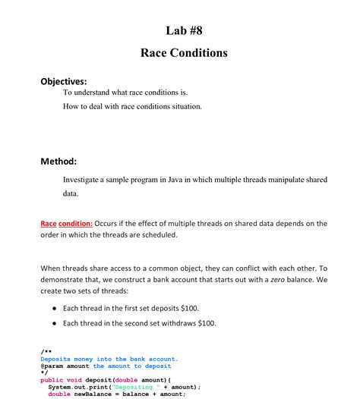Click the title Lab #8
pos(184,30)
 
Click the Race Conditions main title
pos(184,53)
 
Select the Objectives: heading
pos(64,80)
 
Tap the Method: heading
pos(58,161)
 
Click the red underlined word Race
pos(48,224)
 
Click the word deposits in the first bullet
pos(163,308)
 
